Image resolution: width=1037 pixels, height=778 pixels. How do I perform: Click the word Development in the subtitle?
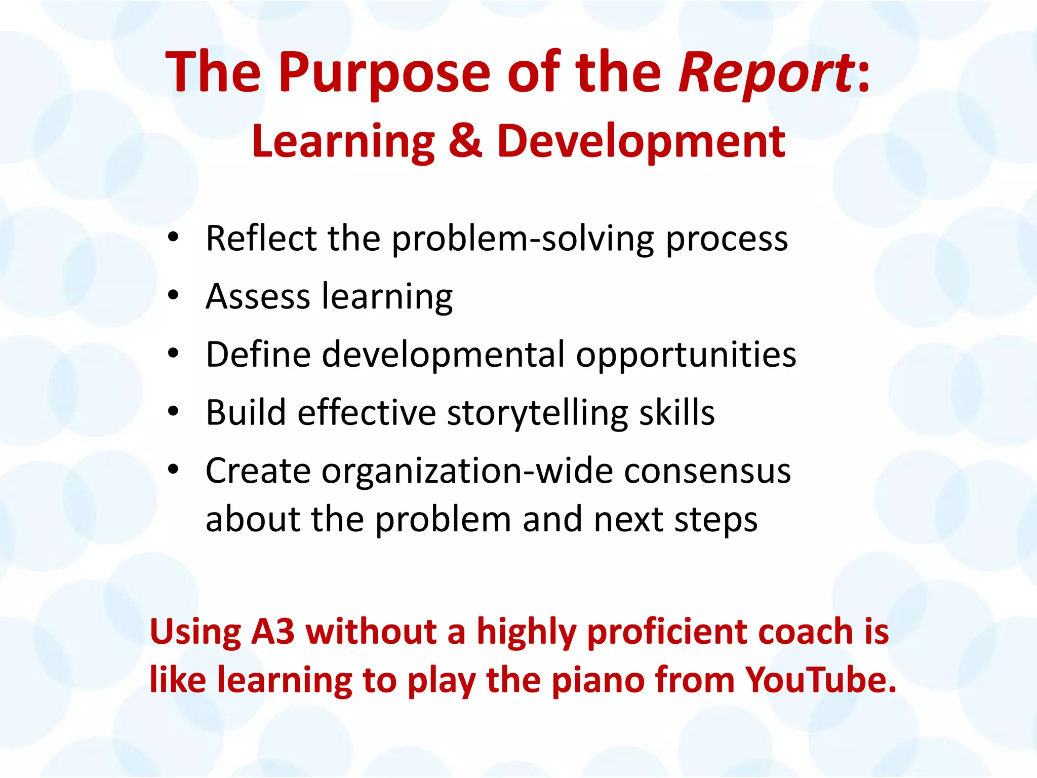click(641, 142)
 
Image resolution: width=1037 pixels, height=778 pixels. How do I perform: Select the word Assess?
click(257, 296)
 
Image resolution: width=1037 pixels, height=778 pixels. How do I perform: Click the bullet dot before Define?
click(173, 354)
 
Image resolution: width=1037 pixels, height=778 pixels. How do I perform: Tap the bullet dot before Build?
click(173, 411)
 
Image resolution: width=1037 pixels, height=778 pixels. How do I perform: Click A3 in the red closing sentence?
click(273, 632)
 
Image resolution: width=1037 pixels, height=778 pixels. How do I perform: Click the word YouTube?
click(820, 680)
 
